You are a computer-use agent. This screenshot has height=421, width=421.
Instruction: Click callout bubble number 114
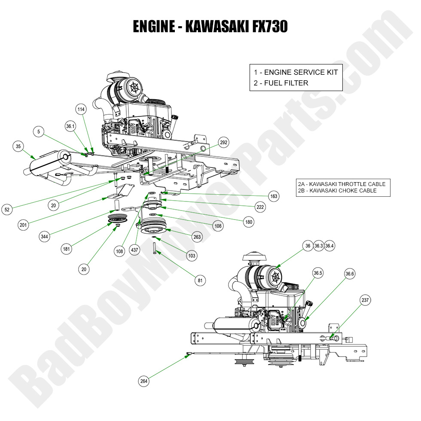pos(81,109)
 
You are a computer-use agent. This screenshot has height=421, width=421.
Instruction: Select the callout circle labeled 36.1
pos(70,127)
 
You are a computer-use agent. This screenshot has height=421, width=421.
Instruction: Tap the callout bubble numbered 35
pos(18,146)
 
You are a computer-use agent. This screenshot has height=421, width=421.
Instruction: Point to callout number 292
pos(223,142)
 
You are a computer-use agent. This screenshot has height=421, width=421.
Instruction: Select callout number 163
pos(274,196)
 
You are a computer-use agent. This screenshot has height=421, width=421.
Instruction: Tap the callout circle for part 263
pos(197,236)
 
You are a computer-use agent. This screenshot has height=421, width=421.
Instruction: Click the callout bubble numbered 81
pos(199,281)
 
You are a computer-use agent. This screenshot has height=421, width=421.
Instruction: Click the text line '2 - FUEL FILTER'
pos(281,83)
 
